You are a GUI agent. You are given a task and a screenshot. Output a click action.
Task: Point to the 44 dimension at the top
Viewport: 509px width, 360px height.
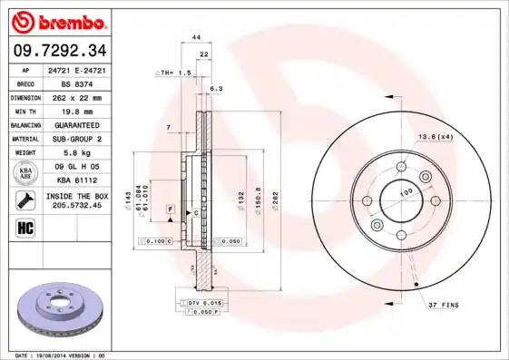tap(195, 36)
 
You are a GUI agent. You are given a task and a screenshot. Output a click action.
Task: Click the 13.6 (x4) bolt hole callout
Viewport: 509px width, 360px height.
tap(435, 137)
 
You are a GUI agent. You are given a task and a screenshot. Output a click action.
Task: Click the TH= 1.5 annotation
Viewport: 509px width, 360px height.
tap(176, 72)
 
